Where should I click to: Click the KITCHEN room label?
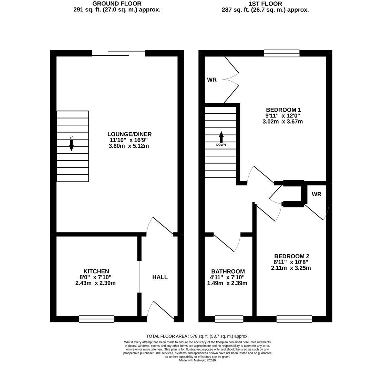(96, 271)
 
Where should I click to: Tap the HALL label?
(160, 277)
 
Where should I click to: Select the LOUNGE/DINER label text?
(130, 134)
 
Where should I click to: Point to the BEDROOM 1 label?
(283, 110)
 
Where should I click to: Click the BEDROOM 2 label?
(291, 256)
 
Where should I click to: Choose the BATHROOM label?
(228, 271)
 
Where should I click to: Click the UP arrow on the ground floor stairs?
(71, 145)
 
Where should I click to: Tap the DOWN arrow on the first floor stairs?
(221, 137)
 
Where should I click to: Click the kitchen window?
(96, 319)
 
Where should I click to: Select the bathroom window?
(229, 319)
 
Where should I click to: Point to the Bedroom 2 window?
(294, 319)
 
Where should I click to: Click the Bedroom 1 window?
(282, 53)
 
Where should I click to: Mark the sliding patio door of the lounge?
(118, 53)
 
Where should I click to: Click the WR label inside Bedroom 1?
(212, 80)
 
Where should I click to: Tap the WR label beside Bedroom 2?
(317, 194)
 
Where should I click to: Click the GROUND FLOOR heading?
(117, 4)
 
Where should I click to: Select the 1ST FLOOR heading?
(265, 4)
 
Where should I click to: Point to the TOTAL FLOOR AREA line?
(197, 336)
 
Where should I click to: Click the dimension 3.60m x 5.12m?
(128, 146)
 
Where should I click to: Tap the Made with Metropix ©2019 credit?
(197, 360)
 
